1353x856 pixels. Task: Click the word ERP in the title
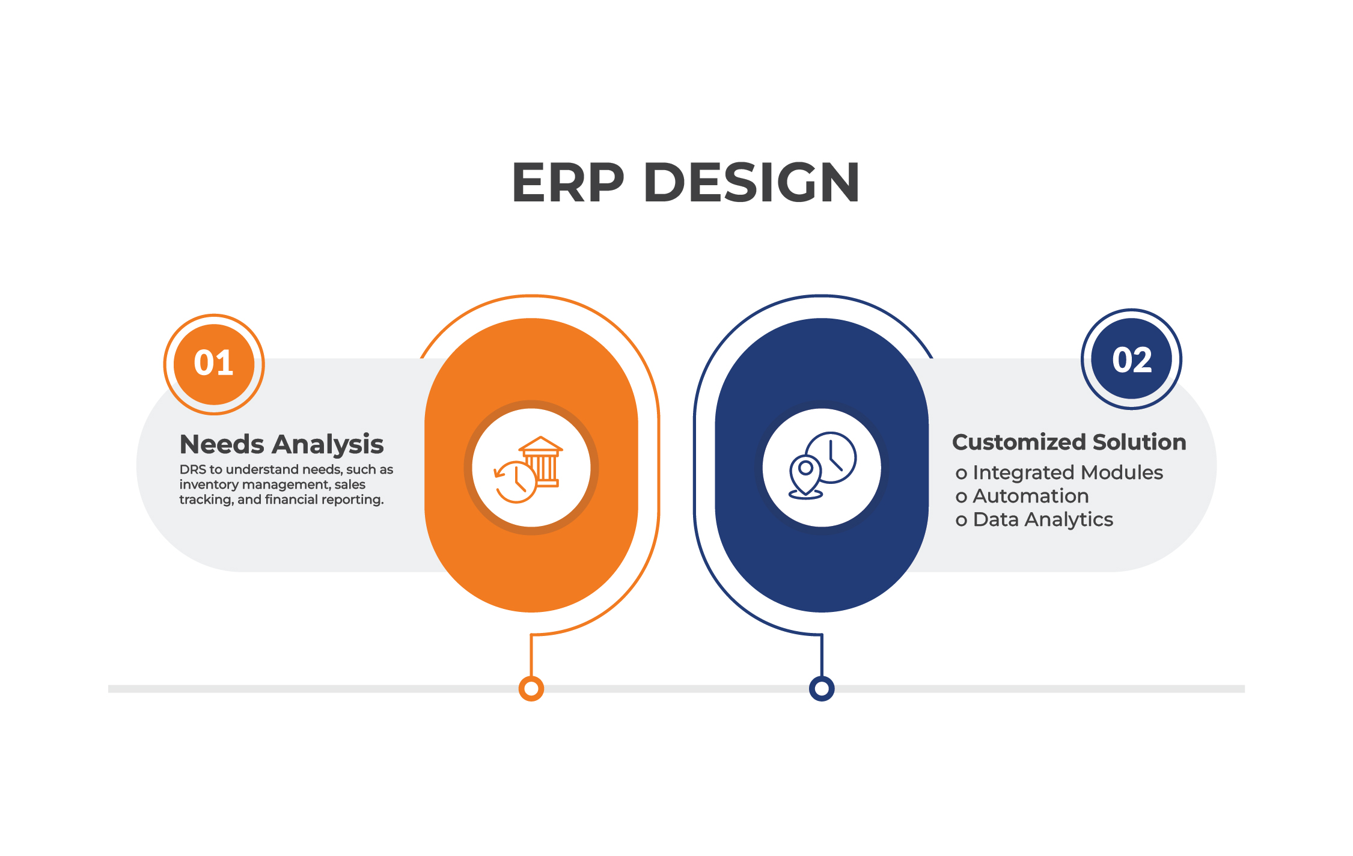pos(568,182)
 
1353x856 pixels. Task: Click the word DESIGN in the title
pos(751,182)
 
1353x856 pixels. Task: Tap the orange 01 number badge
pos(214,364)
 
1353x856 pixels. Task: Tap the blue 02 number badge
pos(1131,359)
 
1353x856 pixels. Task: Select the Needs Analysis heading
pos(281,445)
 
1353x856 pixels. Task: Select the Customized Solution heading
pos(1069,442)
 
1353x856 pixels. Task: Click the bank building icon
pos(541,461)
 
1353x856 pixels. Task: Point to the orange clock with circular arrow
pos(515,482)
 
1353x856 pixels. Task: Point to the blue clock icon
pos(831,457)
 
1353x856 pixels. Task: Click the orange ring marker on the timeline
pos(531,688)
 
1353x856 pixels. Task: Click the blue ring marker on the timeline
pos(822,688)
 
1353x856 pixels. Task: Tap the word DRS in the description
pos(192,469)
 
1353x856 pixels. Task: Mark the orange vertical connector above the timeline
pos(531,655)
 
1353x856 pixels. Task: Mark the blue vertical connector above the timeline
pos(822,655)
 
